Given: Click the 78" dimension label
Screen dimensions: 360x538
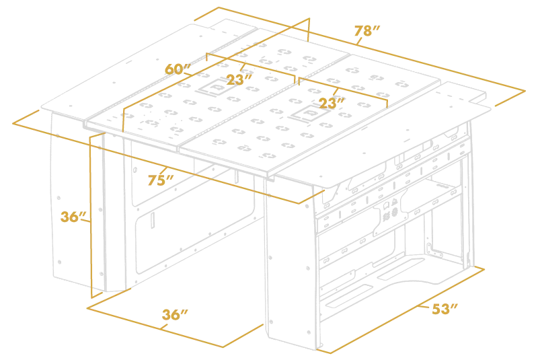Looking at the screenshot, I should point(367,32).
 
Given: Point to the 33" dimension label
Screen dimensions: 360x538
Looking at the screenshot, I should point(445,310).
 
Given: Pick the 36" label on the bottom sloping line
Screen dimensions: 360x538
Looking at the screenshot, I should point(174,315).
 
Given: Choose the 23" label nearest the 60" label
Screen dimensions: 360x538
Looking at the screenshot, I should point(237,79).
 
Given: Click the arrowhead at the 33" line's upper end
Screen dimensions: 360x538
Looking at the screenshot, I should point(479,270).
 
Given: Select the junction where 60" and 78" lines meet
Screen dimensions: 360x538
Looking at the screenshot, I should point(296,26).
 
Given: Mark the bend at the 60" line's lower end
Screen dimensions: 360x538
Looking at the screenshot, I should point(123,109).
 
